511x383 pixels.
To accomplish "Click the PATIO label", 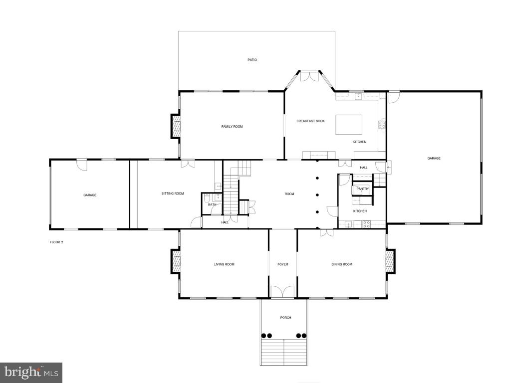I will (252, 60).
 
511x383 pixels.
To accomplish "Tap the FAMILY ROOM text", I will (232, 127).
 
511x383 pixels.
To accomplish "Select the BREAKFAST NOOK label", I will (310, 121).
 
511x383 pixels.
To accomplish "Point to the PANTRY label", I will (362, 189).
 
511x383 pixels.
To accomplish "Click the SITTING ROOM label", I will (172, 193).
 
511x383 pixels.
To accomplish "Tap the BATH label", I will (212, 204).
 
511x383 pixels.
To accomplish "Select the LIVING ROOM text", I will (224, 264).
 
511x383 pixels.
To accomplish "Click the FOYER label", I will (283, 264).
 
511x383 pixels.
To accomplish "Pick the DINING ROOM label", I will (342, 264).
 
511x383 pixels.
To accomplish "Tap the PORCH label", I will (285, 318).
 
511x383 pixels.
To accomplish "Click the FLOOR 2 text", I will (56, 242).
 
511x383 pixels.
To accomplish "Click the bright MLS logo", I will (31, 372).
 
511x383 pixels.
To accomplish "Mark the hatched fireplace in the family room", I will (176, 126).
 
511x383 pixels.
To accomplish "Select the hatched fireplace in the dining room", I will (390, 261).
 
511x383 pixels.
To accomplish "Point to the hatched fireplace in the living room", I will (176, 261).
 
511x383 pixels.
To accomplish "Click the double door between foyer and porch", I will (283, 292).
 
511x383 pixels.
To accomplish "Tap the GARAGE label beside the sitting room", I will (90, 195).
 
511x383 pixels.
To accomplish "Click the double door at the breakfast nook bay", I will (310, 76).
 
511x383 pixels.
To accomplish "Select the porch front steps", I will (283, 352).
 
